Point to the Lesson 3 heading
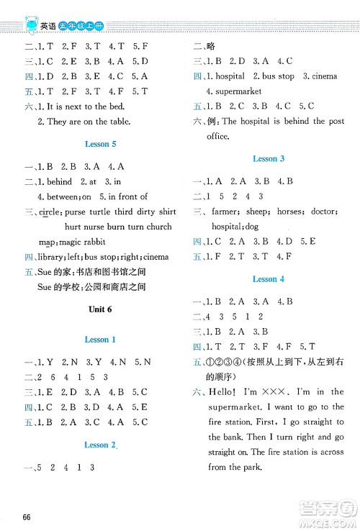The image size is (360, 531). [269, 158]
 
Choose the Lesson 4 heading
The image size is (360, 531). [269, 278]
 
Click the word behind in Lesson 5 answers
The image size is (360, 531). [61, 181]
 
